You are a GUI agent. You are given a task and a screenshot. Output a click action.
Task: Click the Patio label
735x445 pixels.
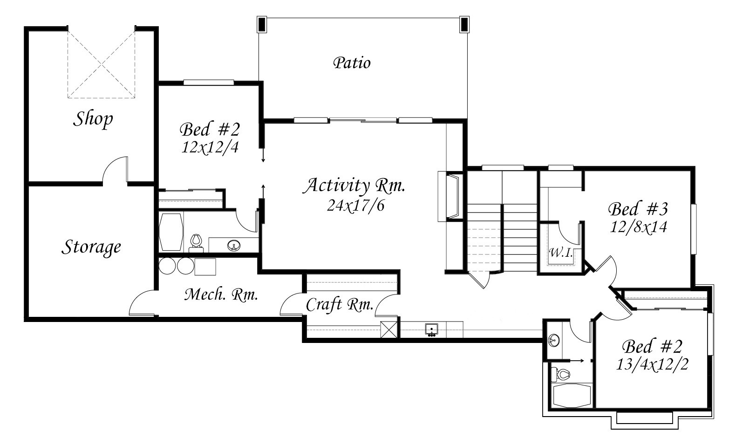click(352, 63)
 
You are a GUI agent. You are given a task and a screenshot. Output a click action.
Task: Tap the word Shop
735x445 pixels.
click(93, 119)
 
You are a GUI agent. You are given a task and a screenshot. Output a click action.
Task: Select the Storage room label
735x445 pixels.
click(91, 247)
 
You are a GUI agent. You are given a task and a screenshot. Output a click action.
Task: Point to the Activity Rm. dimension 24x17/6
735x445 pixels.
click(355, 206)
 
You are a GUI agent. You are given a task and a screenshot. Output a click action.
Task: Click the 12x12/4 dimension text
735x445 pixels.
click(210, 148)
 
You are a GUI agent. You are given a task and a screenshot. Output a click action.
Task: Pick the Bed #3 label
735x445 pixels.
click(638, 209)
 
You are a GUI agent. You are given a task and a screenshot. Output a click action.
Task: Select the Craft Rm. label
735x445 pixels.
click(340, 305)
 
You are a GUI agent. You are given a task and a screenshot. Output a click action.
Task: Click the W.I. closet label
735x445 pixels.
click(561, 253)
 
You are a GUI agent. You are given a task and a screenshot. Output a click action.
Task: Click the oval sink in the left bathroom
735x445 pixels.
click(233, 245)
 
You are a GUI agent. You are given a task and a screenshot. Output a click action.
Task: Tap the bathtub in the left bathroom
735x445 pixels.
click(170, 233)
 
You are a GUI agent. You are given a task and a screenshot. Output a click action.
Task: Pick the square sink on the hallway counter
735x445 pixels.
click(431, 329)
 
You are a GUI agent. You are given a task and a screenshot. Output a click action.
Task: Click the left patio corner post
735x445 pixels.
click(261, 24)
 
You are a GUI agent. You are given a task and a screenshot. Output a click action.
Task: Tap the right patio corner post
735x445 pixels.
click(464, 24)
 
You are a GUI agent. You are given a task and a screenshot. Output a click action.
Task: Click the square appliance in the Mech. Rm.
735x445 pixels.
click(205, 267)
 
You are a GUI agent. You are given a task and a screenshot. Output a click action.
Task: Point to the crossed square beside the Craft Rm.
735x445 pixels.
click(388, 329)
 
